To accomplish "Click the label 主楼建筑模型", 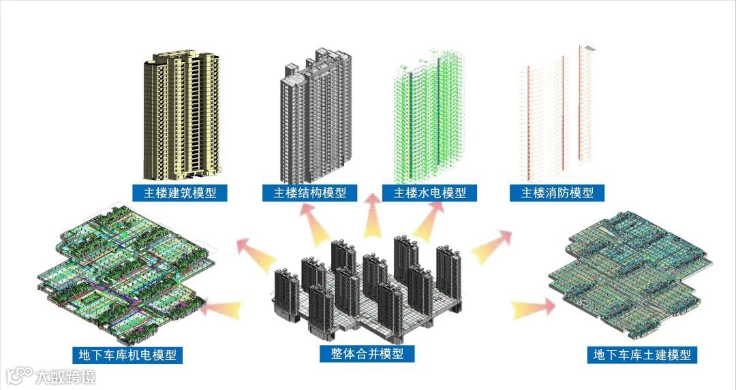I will click(x=180, y=193).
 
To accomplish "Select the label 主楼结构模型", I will click(x=310, y=193).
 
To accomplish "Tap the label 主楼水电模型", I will click(x=429, y=193).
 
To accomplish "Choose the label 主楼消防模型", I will click(x=557, y=193).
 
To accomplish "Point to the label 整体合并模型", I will click(x=367, y=354).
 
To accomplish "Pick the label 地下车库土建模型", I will click(x=643, y=355).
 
